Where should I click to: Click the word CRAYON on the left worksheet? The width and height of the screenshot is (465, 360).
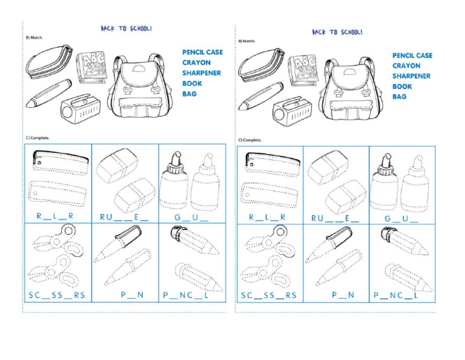(196, 62)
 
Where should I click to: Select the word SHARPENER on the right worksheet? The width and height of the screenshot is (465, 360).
(411, 76)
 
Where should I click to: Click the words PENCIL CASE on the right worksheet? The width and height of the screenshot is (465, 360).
(412, 56)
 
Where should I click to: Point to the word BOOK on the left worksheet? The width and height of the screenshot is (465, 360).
(192, 84)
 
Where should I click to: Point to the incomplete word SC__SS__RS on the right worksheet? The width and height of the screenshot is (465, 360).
(268, 296)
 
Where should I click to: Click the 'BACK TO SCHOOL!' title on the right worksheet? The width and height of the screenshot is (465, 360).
(337, 32)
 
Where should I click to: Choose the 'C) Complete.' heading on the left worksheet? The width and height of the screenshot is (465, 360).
(38, 138)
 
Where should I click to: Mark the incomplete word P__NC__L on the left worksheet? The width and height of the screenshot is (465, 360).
(185, 296)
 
